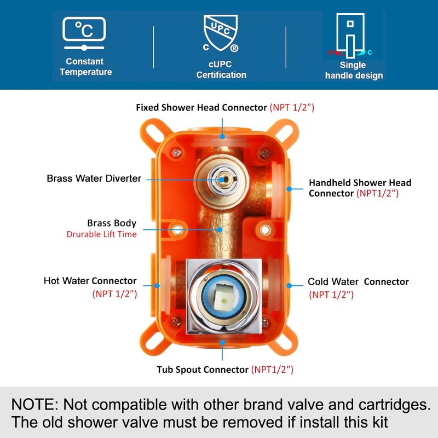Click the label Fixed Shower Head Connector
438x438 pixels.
coord(201,107)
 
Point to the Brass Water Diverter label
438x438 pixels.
coord(94,178)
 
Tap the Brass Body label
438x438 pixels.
coord(112,223)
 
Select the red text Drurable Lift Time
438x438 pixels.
coord(102,234)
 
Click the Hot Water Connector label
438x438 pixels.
coord(90,281)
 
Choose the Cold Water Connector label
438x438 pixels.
coord(358,282)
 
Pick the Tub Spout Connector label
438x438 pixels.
coord(203,370)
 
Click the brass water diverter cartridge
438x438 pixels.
coord(222,178)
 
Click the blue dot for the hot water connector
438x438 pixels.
coord(157,285)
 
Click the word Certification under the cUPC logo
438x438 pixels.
coord(221,75)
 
